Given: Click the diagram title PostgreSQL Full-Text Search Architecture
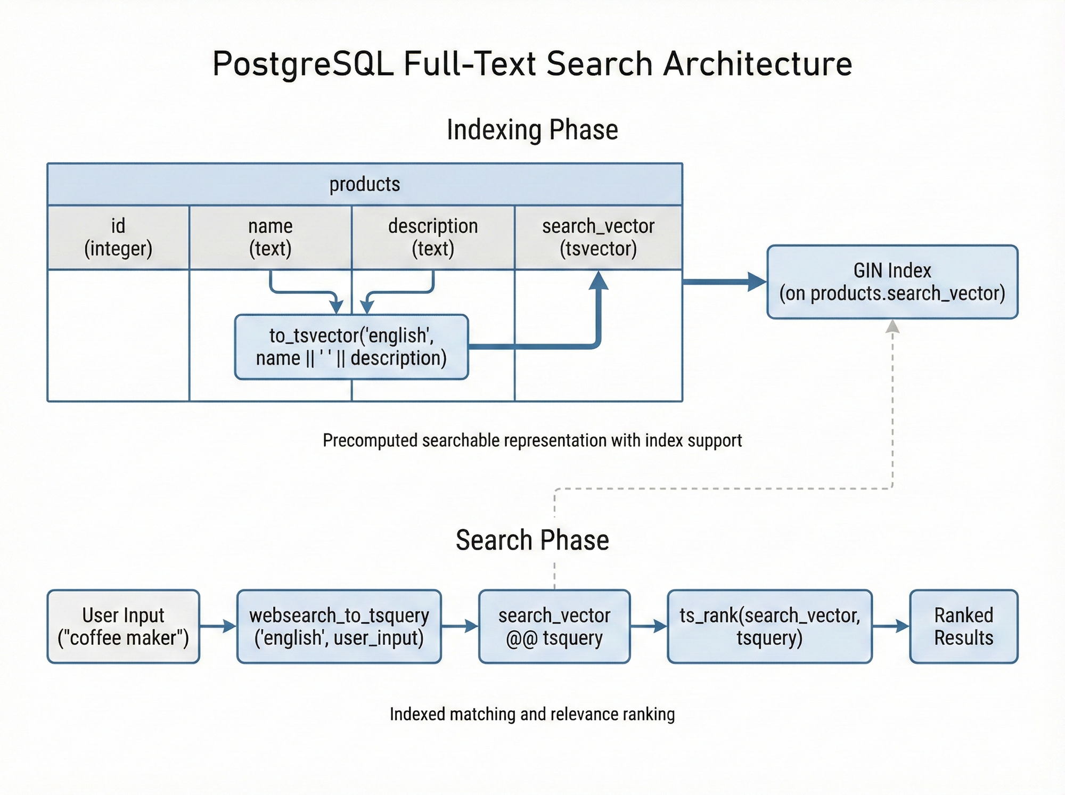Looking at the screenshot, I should [x=532, y=64].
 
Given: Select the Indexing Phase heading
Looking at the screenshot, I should [x=532, y=130].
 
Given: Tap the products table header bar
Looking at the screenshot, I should [x=365, y=184].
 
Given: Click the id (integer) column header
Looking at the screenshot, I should [x=118, y=237].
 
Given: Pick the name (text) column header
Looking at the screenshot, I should [x=270, y=237].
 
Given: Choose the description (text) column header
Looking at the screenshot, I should [x=433, y=237].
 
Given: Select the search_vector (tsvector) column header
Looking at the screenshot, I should [x=598, y=237].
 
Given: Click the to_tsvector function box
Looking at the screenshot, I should [x=351, y=347].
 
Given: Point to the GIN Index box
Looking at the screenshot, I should [x=892, y=282].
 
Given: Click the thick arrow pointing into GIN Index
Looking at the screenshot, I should [x=724, y=282].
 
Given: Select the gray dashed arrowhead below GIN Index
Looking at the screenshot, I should [x=892, y=326].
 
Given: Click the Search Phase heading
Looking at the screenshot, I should [x=532, y=540].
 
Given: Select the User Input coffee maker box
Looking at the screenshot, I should [x=124, y=626].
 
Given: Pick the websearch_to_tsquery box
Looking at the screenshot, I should [x=339, y=626].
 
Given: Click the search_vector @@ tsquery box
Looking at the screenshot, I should [x=554, y=626].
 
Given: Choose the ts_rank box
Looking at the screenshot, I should [x=769, y=626].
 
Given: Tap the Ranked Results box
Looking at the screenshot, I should [x=963, y=626].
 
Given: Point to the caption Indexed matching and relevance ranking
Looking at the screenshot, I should [x=532, y=714].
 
